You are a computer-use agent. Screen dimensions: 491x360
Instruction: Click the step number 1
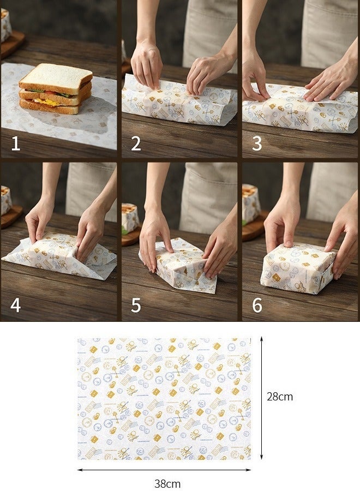click(15, 143)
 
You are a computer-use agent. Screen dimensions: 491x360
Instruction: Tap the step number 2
click(136, 143)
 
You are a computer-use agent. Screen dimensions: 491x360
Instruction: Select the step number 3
click(257, 143)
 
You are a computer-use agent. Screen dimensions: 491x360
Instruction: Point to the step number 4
click(15, 305)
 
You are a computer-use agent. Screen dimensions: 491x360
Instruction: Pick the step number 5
click(136, 305)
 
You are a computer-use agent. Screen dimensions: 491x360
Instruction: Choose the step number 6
click(257, 305)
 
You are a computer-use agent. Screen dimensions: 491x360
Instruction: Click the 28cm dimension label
click(279, 397)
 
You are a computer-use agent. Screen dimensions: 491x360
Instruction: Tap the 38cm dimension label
click(166, 483)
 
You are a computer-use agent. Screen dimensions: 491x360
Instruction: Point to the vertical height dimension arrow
click(262, 397)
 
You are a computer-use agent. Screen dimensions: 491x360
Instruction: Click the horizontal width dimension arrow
click(164, 469)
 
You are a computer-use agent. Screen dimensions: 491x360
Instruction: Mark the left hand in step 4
click(38, 221)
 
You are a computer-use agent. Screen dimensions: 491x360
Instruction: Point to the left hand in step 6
click(281, 224)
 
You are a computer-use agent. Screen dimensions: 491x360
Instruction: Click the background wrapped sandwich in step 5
click(130, 218)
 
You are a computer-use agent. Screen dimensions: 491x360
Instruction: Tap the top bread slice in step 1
click(56, 75)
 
